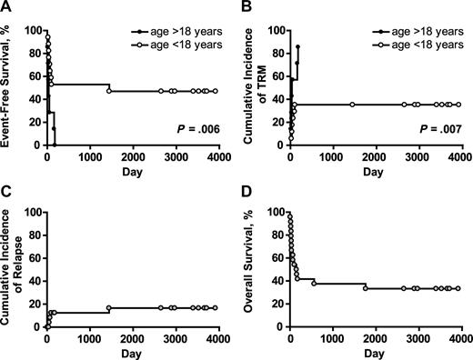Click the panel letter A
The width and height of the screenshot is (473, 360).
(x=6, y=8)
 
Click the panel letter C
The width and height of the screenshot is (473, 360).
(x=6, y=195)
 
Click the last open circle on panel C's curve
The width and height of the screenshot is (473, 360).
(x=215, y=307)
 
